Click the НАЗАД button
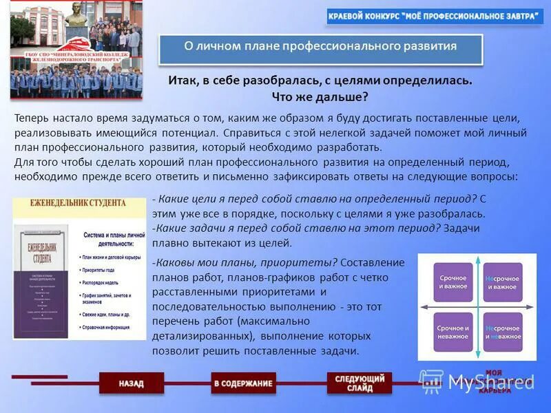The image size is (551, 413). pos(131,383)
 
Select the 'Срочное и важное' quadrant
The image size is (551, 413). pos(453,282)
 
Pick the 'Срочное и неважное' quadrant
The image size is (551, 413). pos(453,332)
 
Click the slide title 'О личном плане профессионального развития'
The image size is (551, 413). pos(320,47)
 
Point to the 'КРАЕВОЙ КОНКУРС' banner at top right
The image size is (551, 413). pos(435,17)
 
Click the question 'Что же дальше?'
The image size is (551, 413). pos(320,97)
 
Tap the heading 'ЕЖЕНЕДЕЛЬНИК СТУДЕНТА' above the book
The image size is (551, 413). pos(78,204)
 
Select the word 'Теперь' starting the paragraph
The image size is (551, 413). pos(32,118)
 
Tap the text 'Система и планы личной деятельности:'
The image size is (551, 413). pos(114,240)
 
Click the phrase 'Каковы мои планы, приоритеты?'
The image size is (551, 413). pos(245,263)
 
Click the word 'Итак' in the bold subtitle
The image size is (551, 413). pos(183,81)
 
